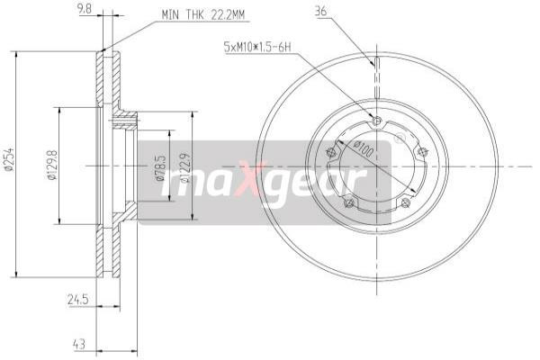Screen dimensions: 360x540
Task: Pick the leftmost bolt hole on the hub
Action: (331, 152)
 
